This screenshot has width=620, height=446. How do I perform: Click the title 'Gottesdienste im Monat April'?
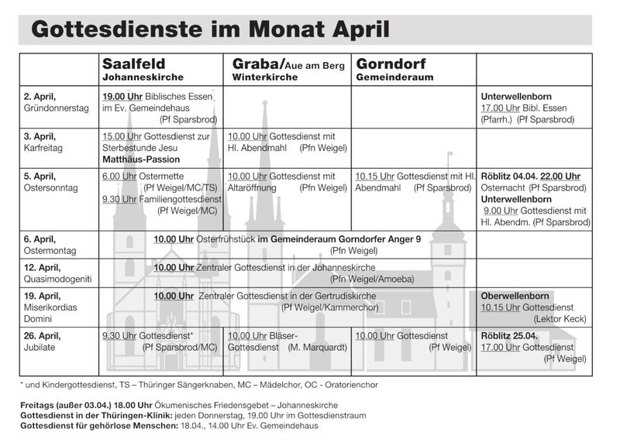pos(209,29)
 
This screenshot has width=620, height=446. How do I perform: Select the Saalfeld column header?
pos(134,63)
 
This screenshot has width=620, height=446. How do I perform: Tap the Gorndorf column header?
pos(391,63)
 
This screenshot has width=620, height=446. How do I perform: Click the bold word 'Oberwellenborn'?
pos(515,296)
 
